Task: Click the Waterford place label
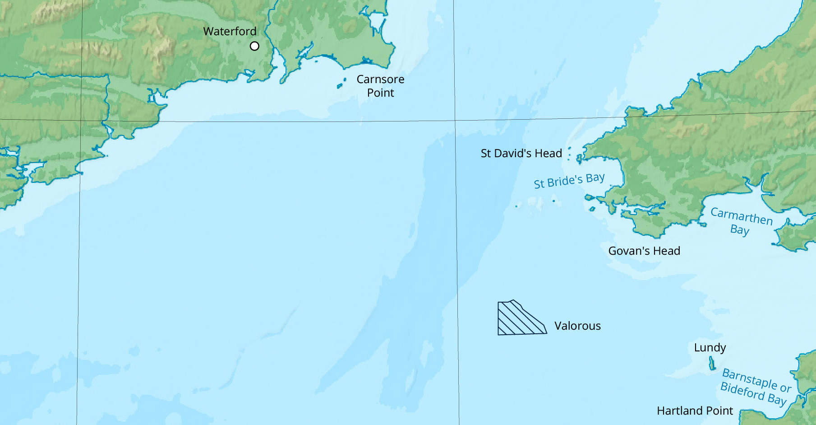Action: [x=230, y=31]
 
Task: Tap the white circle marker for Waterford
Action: [x=254, y=46]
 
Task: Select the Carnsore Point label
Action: [x=380, y=86]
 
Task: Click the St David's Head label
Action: [x=521, y=154]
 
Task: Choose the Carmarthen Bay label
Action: [x=741, y=221]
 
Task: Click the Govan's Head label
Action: [x=644, y=251]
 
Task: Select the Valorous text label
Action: [x=577, y=326]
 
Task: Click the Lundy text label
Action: [x=710, y=348]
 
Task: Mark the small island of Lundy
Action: [x=712, y=363]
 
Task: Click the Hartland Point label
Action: [x=695, y=411]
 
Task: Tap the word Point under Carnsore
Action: [x=380, y=93]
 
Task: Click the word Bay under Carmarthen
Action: [x=739, y=230]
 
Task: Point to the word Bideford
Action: [x=742, y=391]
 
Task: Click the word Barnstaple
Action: [x=749, y=378]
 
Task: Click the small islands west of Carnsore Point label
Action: [x=341, y=84]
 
